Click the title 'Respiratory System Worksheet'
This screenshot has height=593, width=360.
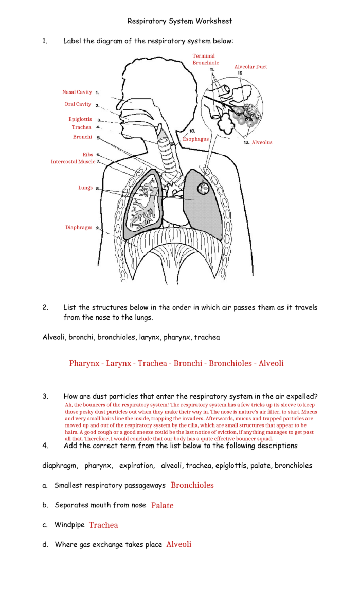click(179, 21)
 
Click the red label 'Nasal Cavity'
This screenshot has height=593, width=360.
click(77, 92)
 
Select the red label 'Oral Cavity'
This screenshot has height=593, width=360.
click(78, 104)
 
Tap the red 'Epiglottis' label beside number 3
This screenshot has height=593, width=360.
click(80, 119)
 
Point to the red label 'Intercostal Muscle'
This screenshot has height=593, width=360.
click(73, 162)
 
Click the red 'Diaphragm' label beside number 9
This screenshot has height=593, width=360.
click(79, 227)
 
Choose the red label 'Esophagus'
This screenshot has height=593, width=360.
click(196, 139)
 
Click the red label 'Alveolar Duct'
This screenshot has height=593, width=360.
click(250, 67)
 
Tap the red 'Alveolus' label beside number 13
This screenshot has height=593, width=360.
click(262, 142)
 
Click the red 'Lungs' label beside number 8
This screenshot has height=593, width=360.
click(85, 188)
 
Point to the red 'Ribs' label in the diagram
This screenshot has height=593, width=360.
click(88, 155)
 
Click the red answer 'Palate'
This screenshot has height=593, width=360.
click(162, 505)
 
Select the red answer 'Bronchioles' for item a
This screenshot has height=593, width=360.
click(192, 485)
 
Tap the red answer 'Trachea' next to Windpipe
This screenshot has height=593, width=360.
click(103, 525)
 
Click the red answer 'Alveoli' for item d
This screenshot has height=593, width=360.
click(178, 544)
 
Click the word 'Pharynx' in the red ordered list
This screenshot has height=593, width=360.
click(84, 363)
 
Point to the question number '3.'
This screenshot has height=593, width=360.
click(46, 396)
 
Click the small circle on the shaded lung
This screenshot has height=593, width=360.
click(204, 189)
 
